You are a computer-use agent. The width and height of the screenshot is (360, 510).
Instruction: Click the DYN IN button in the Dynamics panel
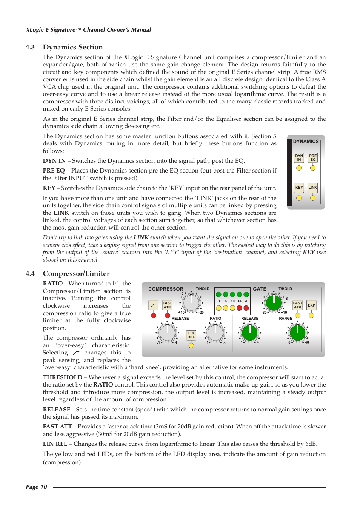coord(299,158)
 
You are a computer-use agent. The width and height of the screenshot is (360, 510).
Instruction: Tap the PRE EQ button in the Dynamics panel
coord(313,158)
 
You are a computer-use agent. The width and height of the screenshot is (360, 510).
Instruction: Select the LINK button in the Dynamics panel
coord(313,188)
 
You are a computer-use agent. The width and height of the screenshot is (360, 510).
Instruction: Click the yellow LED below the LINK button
coord(313,198)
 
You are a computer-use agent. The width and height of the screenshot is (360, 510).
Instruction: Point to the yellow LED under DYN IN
coord(299,168)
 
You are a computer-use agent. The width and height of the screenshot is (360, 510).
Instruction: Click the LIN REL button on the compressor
coord(191,335)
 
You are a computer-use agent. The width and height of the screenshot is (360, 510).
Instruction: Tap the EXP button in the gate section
coord(311,305)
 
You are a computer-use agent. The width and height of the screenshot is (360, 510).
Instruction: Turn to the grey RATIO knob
coord(215,333)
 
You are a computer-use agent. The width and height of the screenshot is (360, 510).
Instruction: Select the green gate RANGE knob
coord(298,333)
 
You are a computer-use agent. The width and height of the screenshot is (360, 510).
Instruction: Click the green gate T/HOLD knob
coord(274,302)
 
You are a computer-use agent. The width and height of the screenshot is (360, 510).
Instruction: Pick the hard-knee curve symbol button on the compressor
coord(154,305)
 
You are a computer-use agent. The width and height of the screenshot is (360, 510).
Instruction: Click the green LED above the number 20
coord(246,294)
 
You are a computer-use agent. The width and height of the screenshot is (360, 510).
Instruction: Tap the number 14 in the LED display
coord(239,301)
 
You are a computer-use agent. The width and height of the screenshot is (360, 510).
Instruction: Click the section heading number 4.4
coord(30,274)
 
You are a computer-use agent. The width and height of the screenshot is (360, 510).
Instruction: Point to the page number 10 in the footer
coord(44,487)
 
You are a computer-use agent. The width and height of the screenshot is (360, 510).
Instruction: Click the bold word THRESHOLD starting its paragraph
coord(63,377)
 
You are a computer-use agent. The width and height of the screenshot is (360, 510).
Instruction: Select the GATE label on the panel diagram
coord(260,289)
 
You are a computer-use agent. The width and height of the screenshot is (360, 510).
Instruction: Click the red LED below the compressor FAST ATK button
coord(167,316)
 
